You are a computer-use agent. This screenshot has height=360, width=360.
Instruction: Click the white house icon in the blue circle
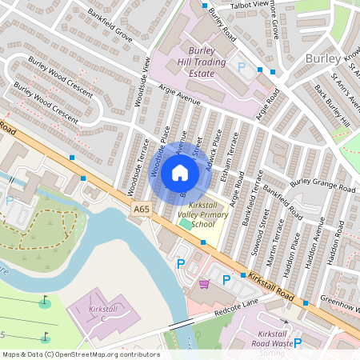pyautogui.click(x=180, y=172)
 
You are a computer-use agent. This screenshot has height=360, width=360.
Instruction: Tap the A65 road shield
pyautogui.click(x=142, y=210)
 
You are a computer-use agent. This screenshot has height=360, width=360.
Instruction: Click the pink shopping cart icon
pyautogui.click(x=204, y=283)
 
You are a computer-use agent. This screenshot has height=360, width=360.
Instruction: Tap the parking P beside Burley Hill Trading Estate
pyautogui.click(x=242, y=67)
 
